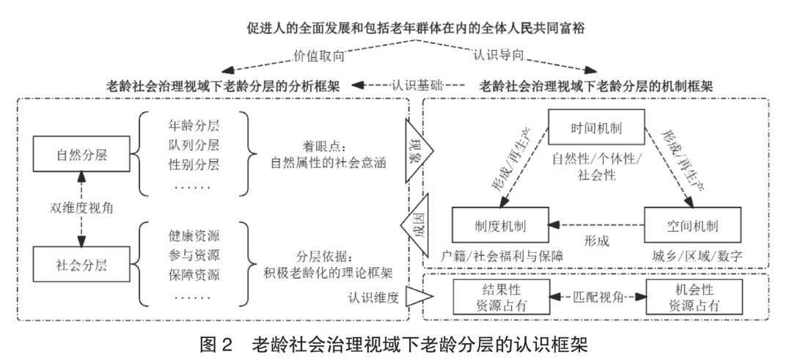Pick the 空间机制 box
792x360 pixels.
tap(692, 224)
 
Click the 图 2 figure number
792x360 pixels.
tap(219, 344)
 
